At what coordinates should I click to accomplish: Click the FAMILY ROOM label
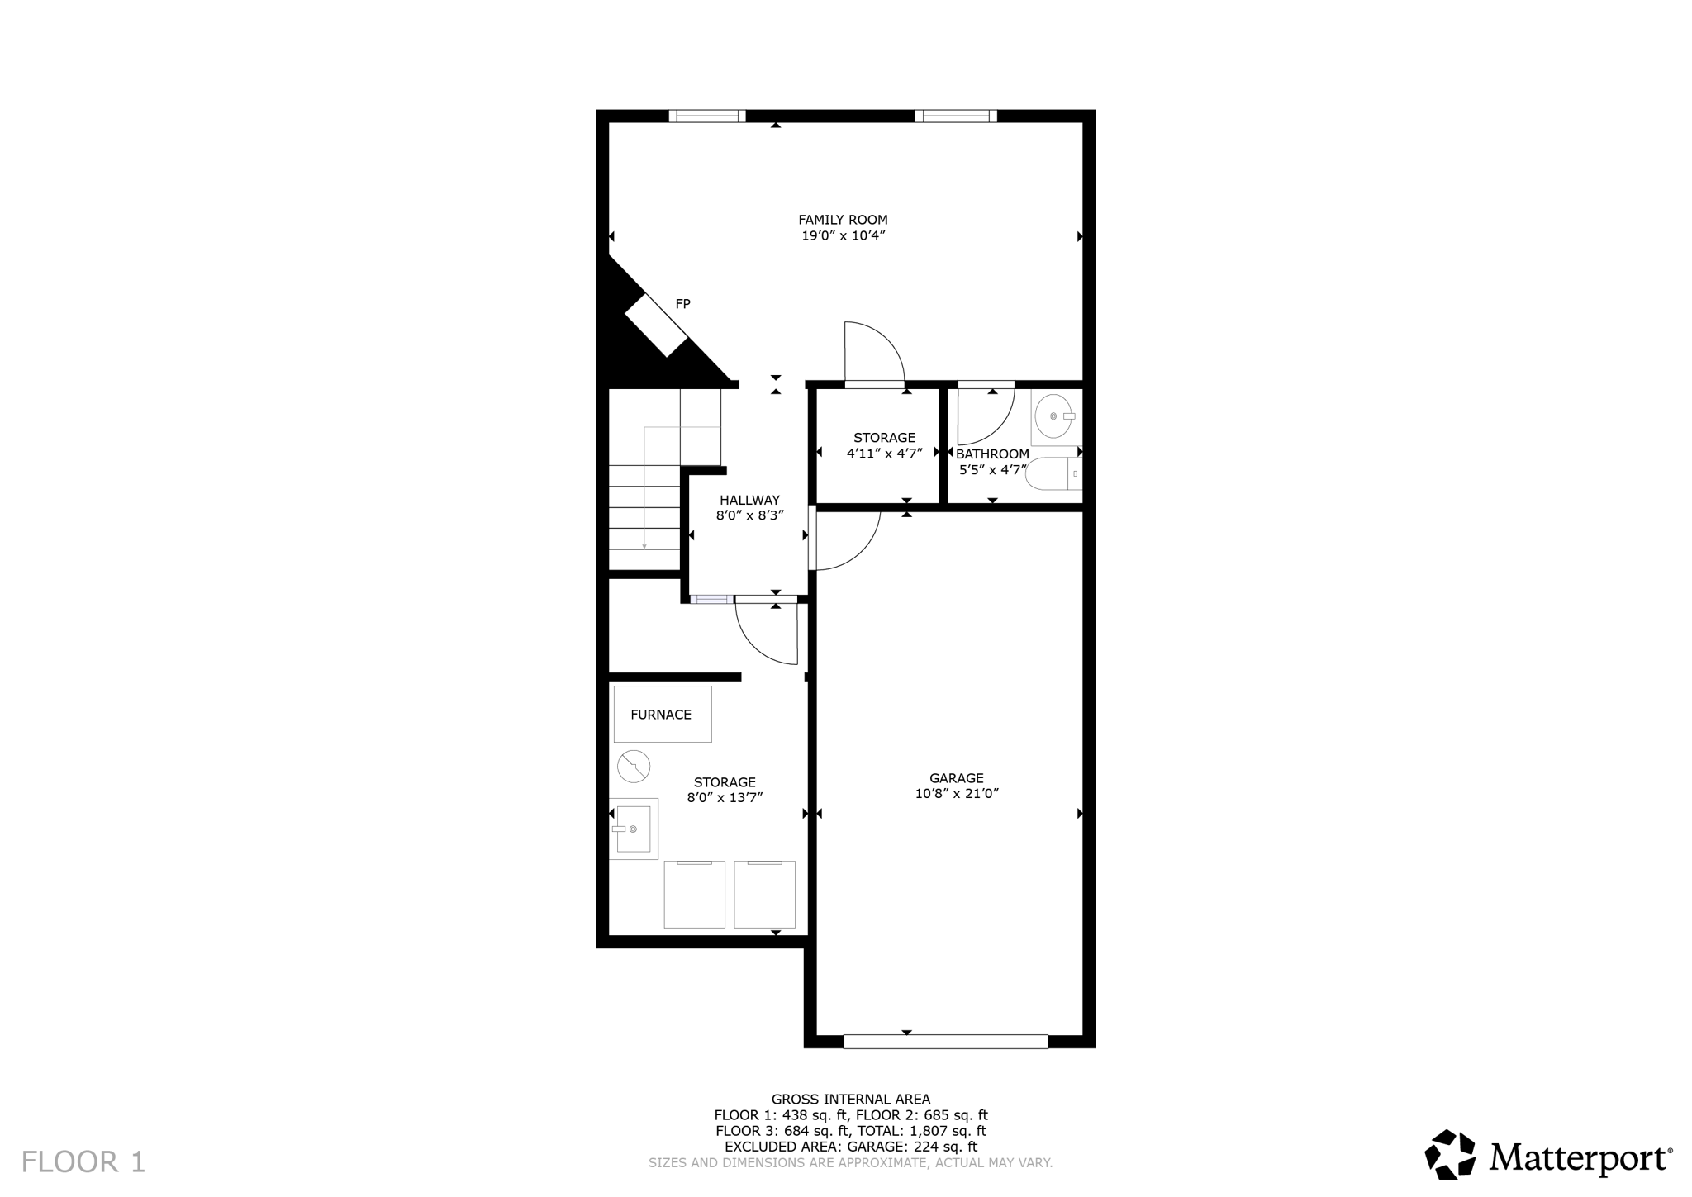click(843, 220)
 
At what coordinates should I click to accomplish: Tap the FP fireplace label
click(682, 304)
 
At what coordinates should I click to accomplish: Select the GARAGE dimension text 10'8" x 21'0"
click(957, 794)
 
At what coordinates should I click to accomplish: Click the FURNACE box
click(662, 715)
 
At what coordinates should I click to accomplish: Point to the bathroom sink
click(1053, 416)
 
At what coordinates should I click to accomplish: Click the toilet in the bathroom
click(1051, 474)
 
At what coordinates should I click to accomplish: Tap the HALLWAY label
click(749, 500)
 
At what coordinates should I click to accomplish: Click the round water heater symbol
click(634, 767)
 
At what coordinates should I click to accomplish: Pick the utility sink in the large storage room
click(634, 829)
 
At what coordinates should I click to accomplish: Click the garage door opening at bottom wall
click(945, 1042)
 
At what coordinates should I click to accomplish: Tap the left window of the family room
click(707, 116)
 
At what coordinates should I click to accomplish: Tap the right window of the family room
click(955, 116)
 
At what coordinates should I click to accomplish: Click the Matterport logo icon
click(1450, 1154)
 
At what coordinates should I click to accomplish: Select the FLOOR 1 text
click(83, 1161)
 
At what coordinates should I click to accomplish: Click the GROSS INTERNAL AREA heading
click(850, 1099)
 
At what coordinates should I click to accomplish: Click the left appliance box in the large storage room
click(694, 895)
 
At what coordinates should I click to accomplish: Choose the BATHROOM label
click(992, 454)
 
